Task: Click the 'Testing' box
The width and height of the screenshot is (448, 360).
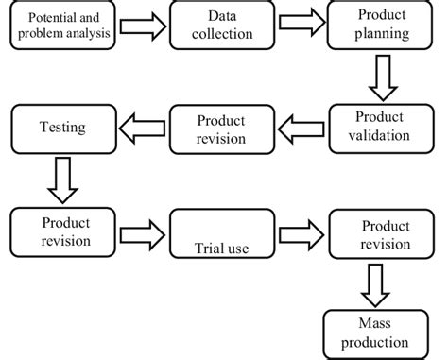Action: (61, 128)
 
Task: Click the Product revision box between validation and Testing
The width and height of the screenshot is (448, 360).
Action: (219, 128)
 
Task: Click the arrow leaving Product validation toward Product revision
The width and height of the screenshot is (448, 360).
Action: (302, 126)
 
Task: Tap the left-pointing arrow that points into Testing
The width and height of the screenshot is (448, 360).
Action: (141, 126)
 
